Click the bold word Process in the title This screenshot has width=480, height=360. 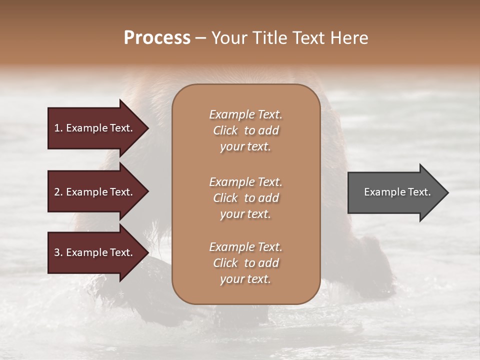157,38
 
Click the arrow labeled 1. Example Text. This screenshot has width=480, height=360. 93,128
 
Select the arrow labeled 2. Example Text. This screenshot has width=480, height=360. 93,192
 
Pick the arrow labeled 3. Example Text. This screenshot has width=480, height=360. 93,253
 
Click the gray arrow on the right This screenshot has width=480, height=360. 395,192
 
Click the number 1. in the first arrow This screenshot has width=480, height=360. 58,128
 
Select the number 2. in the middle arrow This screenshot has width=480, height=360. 58,192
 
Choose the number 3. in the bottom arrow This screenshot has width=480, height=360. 58,253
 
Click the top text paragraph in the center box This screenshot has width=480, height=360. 245,130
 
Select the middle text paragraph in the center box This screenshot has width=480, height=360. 245,198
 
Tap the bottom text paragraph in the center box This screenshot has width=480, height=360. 245,263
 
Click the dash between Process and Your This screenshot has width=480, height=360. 200,38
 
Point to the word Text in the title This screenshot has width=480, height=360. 309,38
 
